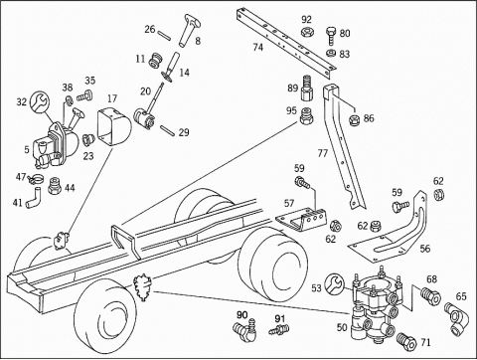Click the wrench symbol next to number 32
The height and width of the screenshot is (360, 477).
point(40,101)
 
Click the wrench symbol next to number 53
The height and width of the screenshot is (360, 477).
point(335,283)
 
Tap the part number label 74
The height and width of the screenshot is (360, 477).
point(258,48)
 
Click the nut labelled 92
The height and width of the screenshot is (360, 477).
point(308,32)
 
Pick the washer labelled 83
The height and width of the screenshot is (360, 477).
point(331,53)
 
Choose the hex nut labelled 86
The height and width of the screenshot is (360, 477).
point(356,119)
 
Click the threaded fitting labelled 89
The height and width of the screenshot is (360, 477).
point(307,89)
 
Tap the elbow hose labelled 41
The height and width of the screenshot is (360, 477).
point(34,198)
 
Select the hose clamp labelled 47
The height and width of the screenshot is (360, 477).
point(37,180)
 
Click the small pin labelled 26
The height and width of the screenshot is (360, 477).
point(164,35)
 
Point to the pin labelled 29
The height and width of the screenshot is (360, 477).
point(168,130)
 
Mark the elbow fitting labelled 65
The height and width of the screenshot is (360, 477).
point(455,318)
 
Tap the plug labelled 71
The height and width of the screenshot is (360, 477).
point(406,341)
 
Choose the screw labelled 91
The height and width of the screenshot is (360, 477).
point(279,330)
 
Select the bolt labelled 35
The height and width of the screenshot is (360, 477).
point(85,95)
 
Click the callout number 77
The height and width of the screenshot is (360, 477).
point(323,153)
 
